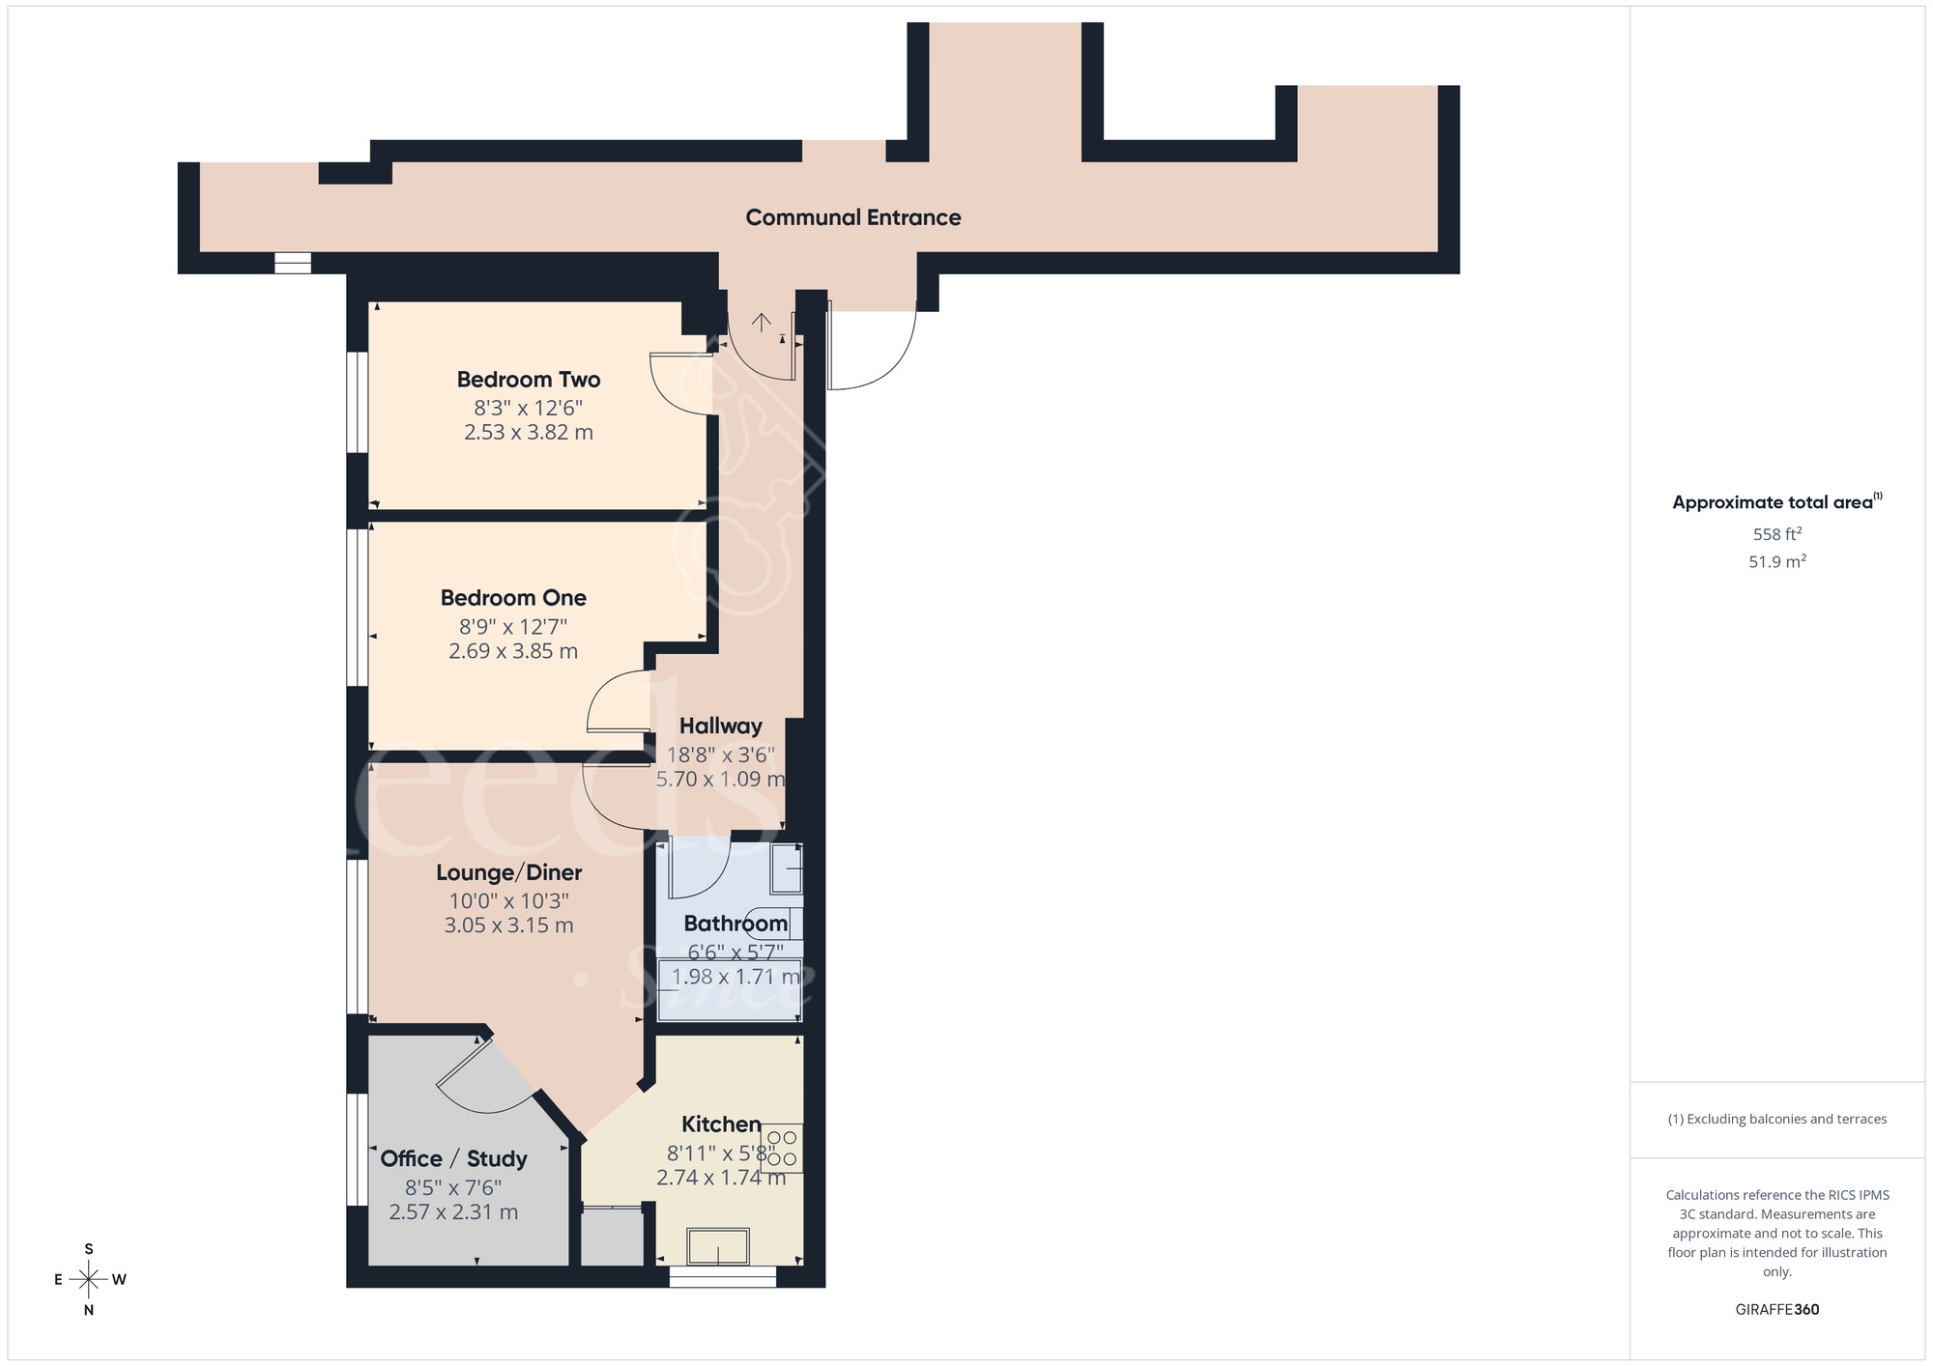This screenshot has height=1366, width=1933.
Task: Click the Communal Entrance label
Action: coord(852,217)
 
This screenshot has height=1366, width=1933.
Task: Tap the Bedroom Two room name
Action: coord(529,380)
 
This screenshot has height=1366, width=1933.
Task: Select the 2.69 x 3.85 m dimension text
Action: coord(513,651)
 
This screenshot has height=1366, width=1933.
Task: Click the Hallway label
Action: coord(720,726)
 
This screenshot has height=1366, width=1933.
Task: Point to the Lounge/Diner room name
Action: coord(508,872)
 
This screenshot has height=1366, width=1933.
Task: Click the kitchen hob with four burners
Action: coord(782,1148)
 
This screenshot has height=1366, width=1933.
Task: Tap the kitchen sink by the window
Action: coord(718,1246)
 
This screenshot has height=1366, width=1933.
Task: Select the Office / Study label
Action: coord(453,1158)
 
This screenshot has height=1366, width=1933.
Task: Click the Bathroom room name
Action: coord(736,924)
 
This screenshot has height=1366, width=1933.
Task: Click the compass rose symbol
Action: coord(89,1280)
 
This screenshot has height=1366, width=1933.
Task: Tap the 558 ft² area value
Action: coord(1776,534)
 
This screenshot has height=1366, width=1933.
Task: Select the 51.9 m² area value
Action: coord(1776,561)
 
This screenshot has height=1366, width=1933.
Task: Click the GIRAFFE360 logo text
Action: coord(1776,1310)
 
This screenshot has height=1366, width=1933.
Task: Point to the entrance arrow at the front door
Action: coord(762,322)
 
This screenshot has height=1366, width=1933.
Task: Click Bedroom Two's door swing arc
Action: coord(681,386)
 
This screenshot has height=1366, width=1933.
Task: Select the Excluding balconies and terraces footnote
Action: coord(1776,1119)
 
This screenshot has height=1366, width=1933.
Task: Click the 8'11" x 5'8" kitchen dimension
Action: coord(720,1153)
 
